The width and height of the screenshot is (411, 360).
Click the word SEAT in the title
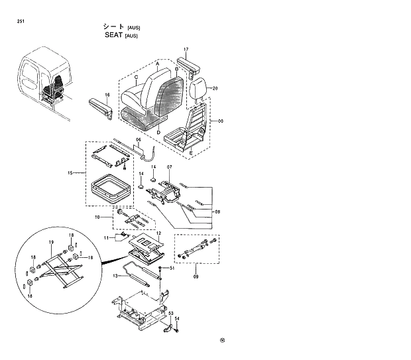(114, 36)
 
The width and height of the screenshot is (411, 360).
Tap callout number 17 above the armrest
(186, 50)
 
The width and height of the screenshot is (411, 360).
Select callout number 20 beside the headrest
(215, 88)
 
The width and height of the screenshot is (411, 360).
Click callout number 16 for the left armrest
(106, 95)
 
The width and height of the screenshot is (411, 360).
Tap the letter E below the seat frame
(191, 153)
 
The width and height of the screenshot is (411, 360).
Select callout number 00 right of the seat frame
(221, 121)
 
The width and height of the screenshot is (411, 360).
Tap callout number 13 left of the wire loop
(115, 275)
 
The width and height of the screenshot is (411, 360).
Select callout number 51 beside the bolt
(172, 269)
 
